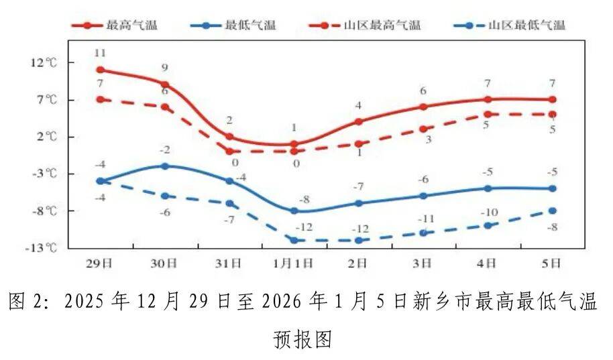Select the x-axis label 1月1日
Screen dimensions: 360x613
pyautogui.click(x=294, y=263)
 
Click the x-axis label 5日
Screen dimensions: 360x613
pyautogui.click(x=552, y=263)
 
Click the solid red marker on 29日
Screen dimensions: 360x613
pyautogui.click(x=100, y=70)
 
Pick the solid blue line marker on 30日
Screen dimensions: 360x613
pyautogui.click(x=165, y=166)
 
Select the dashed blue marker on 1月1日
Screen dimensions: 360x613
pyautogui.click(x=294, y=240)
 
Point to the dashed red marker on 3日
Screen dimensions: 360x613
pyautogui.click(x=423, y=129)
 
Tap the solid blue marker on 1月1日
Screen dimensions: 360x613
pyautogui.click(x=294, y=211)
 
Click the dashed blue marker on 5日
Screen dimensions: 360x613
pyautogui.click(x=553, y=211)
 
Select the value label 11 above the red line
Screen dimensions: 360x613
pyautogui.click(x=100, y=52)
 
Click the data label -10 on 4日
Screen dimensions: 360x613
pyautogui.click(x=488, y=213)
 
